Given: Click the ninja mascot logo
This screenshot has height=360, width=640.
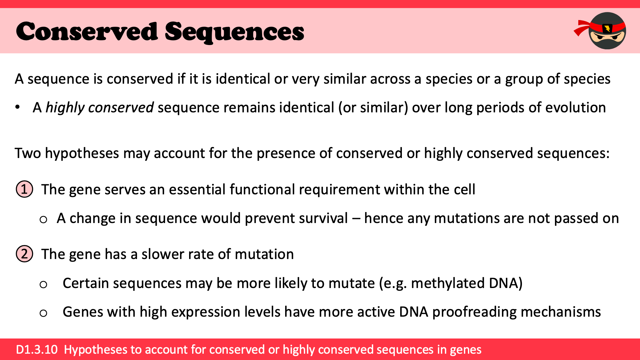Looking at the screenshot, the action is pyautogui.click(x=600, y=31).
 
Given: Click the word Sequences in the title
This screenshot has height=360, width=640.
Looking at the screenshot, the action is pyautogui.click(x=234, y=32).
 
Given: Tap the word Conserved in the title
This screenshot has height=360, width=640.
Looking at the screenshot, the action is pyautogui.click(x=87, y=31).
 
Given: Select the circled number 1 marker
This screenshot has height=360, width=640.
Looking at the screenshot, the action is pyautogui.click(x=24, y=189).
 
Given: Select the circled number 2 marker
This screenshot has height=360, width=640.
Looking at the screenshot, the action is pyautogui.click(x=24, y=254).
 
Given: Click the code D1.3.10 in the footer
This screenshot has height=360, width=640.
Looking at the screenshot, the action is pyautogui.click(x=37, y=349).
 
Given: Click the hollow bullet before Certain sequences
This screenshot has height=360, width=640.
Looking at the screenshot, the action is pyautogui.click(x=43, y=284).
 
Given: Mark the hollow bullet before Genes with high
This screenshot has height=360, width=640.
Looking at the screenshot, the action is pyautogui.click(x=43, y=313).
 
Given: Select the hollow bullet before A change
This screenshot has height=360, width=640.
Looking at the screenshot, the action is pyautogui.click(x=43, y=219).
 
